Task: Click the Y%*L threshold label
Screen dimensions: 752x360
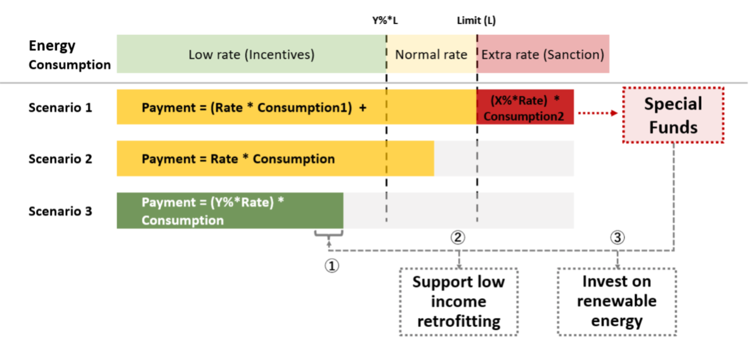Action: click(385, 20)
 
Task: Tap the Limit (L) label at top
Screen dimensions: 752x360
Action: click(476, 20)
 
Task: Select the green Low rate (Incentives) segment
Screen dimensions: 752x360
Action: click(251, 54)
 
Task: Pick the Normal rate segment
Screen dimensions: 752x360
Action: click(432, 54)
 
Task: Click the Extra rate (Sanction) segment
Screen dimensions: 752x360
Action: click(543, 54)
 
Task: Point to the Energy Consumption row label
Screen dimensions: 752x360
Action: click(70, 55)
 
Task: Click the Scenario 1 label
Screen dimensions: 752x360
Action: click(60, 108)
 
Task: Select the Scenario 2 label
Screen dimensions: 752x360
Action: click(60, 159)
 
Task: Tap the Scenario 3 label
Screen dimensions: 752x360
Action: click(60, 211)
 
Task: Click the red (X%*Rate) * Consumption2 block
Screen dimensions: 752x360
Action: click(526, 107)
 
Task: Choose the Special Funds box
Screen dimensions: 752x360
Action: click(673, 115)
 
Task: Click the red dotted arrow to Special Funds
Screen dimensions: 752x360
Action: click(598, 113)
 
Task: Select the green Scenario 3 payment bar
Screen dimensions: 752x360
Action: click(230, 211)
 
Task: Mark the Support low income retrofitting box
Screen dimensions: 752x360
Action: click(458, 302)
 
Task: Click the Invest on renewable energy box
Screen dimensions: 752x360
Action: click(617, 302)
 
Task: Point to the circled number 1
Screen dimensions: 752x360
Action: click(332, 266)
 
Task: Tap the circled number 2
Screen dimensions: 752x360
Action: click(457, 237)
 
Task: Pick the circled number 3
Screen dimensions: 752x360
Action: click(617, 237)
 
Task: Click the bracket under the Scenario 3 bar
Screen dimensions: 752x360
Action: click(329, 234)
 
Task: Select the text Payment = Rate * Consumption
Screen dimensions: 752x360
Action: click(238, 159)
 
